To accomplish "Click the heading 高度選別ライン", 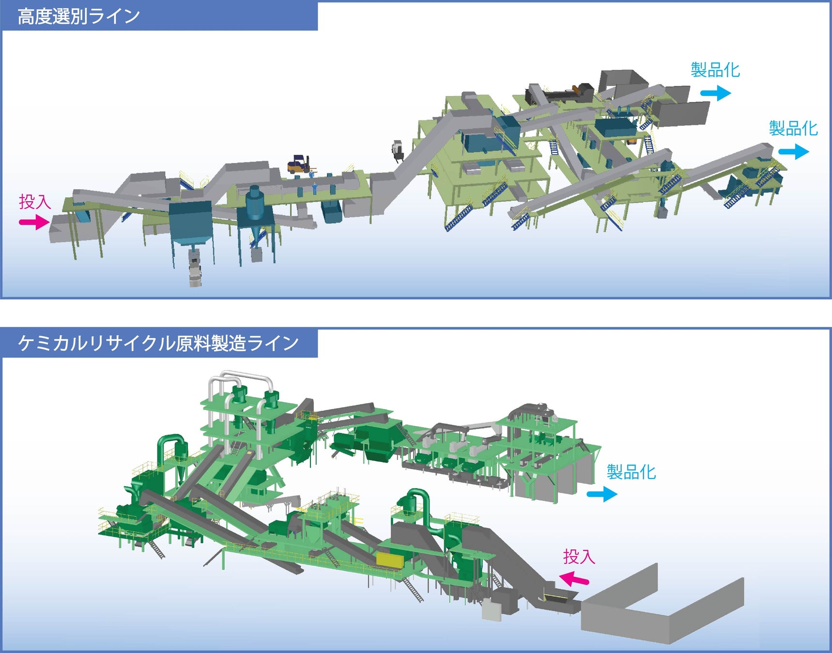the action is coord(78,16).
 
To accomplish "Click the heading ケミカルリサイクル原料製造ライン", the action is coord(158,343).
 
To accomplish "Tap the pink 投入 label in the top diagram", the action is coord(35,202).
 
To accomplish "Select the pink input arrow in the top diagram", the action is coord(34,223).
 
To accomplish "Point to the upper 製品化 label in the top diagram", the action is coord(715,70).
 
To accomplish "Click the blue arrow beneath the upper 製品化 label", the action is coord(715,92).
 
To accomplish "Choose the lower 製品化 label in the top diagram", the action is coord(793,129).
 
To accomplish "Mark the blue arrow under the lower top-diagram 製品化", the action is coord(793,152).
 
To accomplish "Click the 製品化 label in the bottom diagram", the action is coord(631,472).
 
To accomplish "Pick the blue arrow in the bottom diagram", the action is coord(601,494).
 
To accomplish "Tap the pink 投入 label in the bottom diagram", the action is coord(579,557).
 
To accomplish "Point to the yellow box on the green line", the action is coord(390,561).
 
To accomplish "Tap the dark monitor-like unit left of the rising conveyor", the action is coord(398,149).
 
